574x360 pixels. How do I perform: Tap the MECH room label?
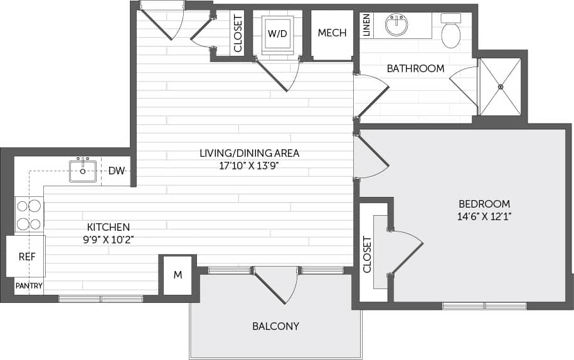332,33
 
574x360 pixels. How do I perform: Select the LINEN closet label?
366,25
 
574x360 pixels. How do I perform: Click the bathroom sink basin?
396,26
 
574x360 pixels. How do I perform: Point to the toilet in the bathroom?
450,32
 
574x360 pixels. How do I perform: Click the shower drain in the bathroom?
500,87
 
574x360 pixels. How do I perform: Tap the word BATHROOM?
415,68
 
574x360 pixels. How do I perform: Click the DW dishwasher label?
116,171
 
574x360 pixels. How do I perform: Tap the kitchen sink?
83,170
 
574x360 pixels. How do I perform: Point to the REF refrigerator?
26,257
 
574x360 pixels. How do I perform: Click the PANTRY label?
29,286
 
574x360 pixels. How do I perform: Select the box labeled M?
178,275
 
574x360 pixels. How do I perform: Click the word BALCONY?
275,326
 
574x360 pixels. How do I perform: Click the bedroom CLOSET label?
368,255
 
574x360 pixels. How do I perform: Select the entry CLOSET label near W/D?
238,33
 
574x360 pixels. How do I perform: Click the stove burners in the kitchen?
29,214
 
